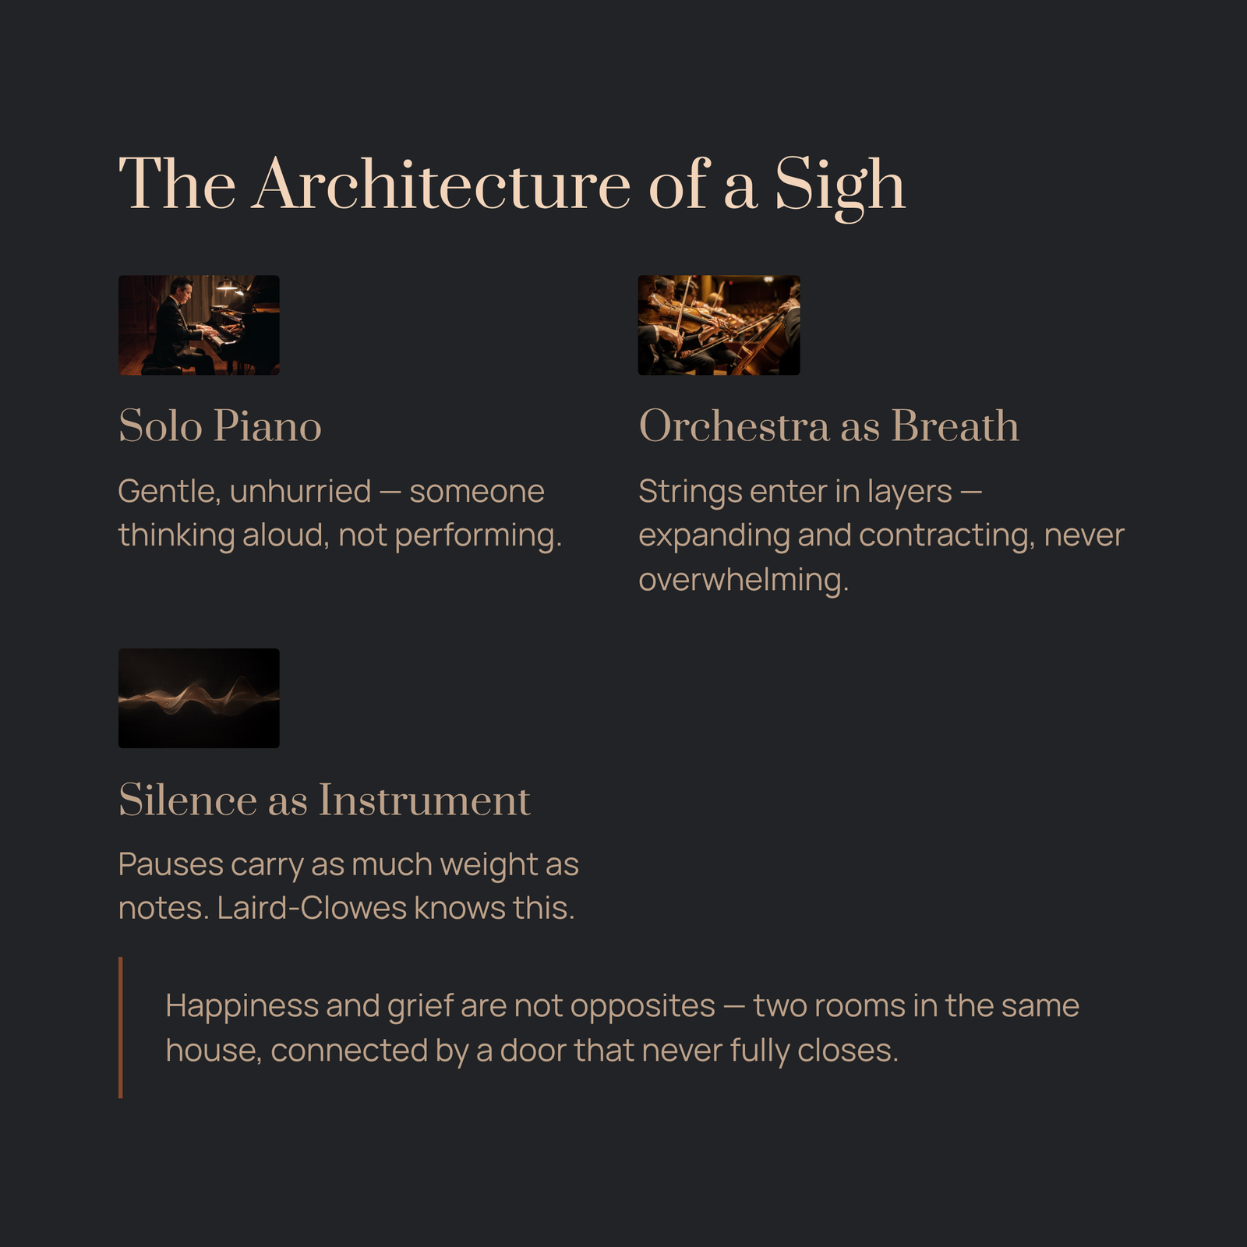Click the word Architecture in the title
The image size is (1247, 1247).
pos(440,184)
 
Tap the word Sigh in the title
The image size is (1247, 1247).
pos(839,187)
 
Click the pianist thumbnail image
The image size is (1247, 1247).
pos(199,325)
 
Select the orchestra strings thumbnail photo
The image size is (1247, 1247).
pos(719,325)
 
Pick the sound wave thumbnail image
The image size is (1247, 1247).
pos(199,698)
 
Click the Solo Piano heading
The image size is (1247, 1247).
pos(220,426)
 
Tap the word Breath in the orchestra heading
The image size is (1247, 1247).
pos(955,426)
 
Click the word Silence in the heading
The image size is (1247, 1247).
pos(188,800)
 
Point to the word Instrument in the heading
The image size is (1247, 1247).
pos(425,800)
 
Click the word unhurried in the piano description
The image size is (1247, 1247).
pos(300,492)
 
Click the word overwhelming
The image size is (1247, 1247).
pos(744,581)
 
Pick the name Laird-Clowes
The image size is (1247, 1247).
pos(312,909)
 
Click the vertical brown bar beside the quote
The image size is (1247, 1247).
pos(121,1028)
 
